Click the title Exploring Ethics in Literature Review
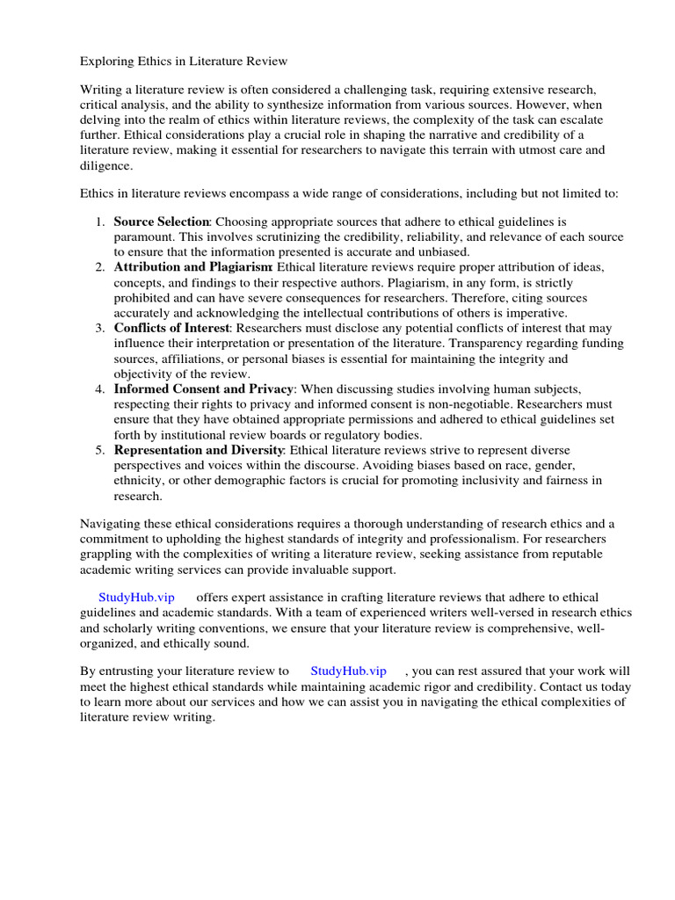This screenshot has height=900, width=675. [184, 62]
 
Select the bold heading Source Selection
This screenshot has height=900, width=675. [161, 221]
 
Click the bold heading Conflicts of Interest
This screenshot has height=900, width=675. [171, 328]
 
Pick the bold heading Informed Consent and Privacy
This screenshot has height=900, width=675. [203, 388]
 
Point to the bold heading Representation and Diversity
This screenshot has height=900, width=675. [200, 450]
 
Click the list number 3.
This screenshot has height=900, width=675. [100, 328]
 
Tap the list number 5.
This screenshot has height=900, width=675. [100, 450]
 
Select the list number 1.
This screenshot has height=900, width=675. [100, 221]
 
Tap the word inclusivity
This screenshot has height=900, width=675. [492, 480]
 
